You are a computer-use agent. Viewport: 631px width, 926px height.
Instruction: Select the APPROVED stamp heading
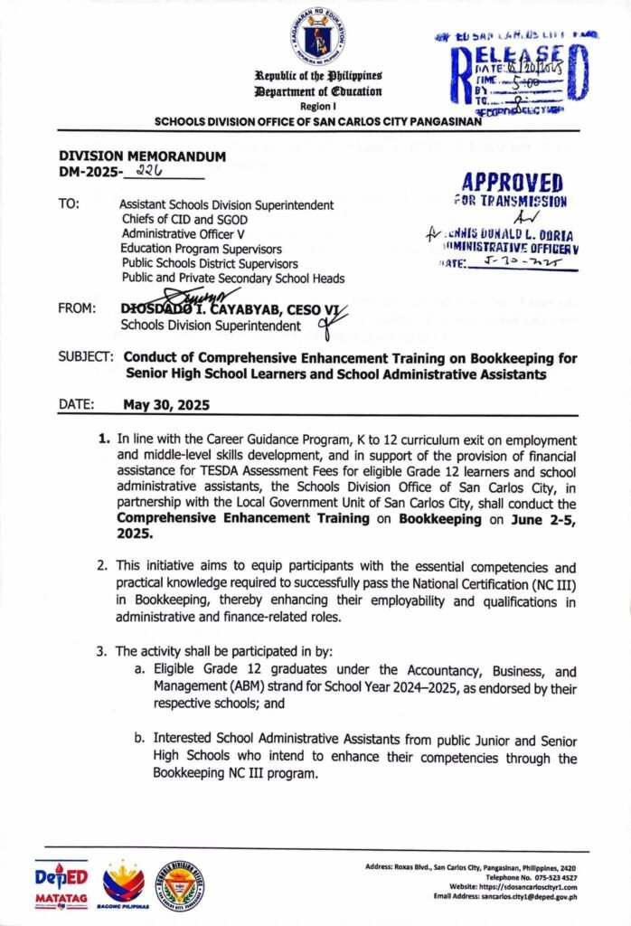(x=511, y=182)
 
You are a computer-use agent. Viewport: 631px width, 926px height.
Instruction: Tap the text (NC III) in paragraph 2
(x=552, y=584)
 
